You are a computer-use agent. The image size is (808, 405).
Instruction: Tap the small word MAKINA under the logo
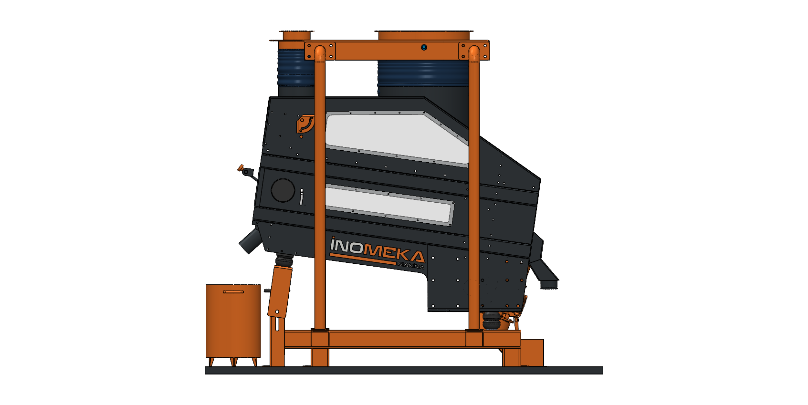pos(411,266)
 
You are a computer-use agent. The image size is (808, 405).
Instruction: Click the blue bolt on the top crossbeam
pos(424,47)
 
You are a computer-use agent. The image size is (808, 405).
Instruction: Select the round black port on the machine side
pos(283,190)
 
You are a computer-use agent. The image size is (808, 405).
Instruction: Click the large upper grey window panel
pos(397,137)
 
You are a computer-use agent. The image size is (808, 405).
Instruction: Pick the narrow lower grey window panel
pos(389,204)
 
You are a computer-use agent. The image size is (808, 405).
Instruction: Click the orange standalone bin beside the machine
pos(233,324)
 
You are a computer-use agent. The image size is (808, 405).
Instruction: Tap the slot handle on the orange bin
pos(233,292)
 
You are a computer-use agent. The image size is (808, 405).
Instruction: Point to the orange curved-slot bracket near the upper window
pos(305,125)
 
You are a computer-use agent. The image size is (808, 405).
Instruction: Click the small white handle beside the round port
pos(302,197)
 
